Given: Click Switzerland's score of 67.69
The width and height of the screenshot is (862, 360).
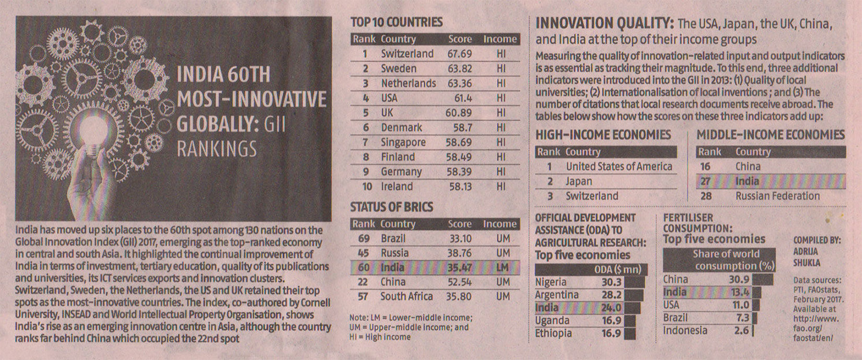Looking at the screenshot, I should click(459, 54).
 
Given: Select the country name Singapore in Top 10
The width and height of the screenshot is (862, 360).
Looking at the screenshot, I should click(403, 142).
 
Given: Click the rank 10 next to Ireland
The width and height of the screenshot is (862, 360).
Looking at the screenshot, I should click(367, 187).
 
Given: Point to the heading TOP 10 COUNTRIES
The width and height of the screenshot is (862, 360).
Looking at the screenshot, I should click(396, 22).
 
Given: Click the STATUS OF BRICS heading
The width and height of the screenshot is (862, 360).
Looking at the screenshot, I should click(391, 207).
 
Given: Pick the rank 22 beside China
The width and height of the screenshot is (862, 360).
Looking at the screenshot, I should click(364, 282).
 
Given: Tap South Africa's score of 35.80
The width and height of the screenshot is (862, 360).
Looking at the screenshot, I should click(459, 297).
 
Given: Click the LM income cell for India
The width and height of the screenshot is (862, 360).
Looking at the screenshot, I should click(502, 268).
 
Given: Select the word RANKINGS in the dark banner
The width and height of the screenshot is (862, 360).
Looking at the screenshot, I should click(217, 149).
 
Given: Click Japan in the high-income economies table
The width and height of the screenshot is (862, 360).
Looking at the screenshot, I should click(579, 181).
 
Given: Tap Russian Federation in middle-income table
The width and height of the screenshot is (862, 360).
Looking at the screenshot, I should click(777, 196).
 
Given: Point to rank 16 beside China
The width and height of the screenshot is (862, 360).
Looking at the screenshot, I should click(705, 167).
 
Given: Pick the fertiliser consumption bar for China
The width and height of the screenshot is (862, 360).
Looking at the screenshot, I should click(763, 280).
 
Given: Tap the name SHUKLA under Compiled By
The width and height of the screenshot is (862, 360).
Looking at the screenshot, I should click(807, 263).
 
